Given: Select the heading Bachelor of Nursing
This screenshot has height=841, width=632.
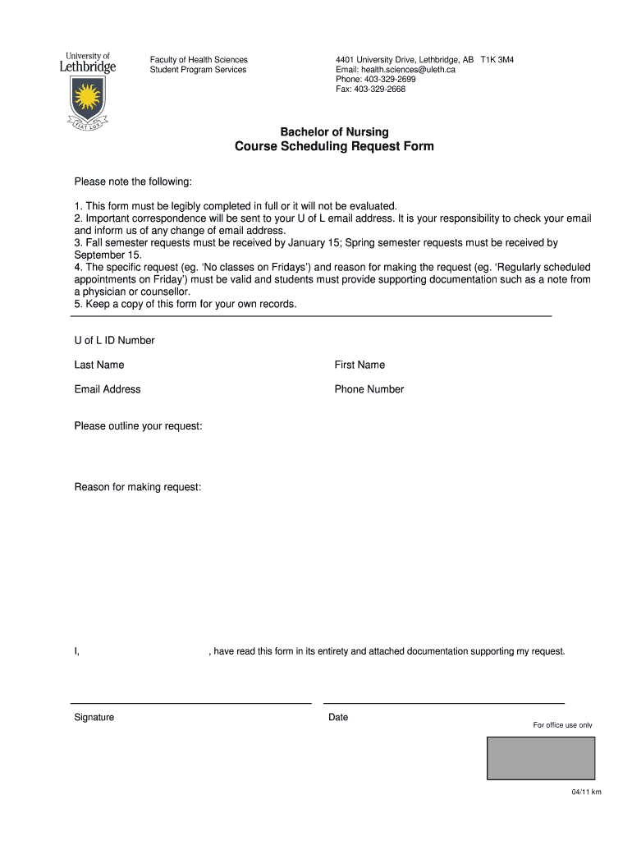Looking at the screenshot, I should (x=334, y=131).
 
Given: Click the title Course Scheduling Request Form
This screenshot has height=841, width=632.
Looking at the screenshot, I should (x=334, y=147).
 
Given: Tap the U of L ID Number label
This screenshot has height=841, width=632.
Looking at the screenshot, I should (x=114, y=340).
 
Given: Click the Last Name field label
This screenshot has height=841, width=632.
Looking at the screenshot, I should (x=99, y=365).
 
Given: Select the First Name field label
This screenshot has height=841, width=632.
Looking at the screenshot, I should (x=360, y=365).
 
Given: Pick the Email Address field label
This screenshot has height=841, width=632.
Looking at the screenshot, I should (x=108, y=389).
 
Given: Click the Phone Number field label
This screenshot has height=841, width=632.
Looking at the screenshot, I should (x=369, y=389).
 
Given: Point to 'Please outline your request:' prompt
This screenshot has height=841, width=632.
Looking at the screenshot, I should (x=138, y=426).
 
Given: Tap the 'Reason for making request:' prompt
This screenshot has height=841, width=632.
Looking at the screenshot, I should (x=138, y=487).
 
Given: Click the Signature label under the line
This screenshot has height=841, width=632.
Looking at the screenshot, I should (x=94, y=717).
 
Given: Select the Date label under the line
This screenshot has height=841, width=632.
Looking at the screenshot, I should (x=338, y=717).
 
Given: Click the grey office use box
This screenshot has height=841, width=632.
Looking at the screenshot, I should (x=541, y=757).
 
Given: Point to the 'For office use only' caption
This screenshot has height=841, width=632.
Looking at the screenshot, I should (x=562, y=725).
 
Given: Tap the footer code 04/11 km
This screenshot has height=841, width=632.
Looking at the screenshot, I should (x=587, y=792).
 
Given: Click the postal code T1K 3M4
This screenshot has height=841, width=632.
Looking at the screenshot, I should (x=497, y=60).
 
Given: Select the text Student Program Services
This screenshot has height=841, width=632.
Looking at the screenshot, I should (x=198, y=70).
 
